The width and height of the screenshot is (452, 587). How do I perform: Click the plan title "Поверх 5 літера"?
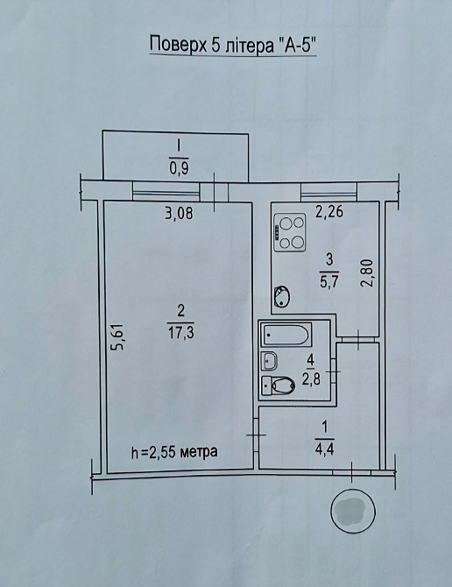[211, 46]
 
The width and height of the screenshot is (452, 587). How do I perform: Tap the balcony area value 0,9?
[180, 168]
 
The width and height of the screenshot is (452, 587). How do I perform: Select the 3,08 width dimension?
[179, 213]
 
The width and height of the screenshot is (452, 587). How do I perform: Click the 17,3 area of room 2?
[181, 332]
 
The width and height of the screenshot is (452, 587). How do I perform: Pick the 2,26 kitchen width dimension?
[329, 212]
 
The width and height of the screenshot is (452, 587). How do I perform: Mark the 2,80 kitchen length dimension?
[368, 272]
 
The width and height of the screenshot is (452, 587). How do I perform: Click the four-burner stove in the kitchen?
[290, 232]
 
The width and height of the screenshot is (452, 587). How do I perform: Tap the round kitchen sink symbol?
[282, 296]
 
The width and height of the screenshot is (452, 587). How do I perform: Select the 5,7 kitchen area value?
[329, 280]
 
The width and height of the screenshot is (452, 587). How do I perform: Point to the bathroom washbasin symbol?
[270, 360]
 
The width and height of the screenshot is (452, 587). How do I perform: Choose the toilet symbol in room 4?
[279, 385]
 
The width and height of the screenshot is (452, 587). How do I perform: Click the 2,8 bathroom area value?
[311, 381]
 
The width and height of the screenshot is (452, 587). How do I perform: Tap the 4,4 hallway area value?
[324, 448]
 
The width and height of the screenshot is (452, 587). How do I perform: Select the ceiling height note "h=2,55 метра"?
[174, 452]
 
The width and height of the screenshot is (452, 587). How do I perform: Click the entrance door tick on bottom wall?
[352, 472]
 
